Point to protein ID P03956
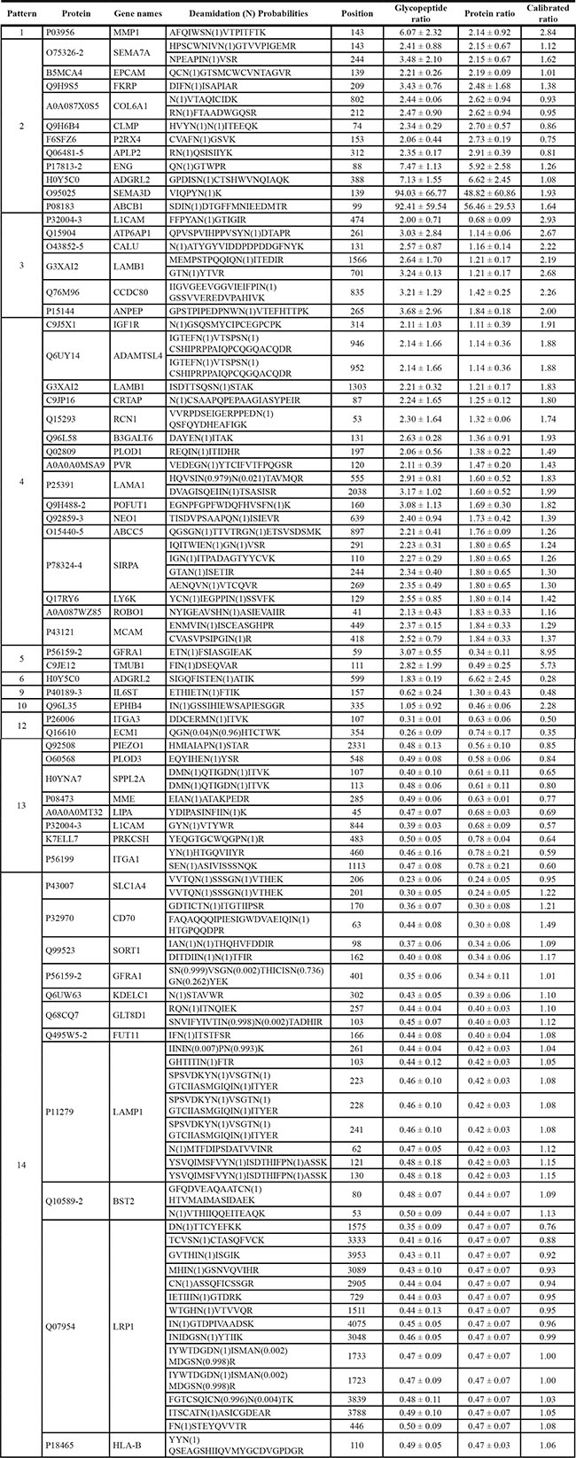71,33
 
